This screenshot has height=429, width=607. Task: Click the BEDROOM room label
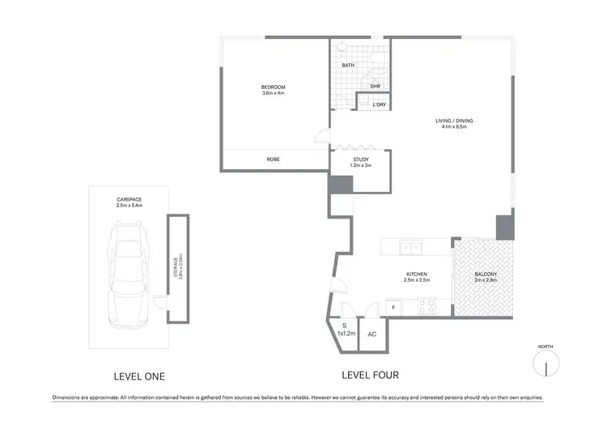coord(273,87)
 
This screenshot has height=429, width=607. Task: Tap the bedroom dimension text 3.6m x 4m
coord(273,94)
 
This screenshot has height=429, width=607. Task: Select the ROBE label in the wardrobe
coord(273,159)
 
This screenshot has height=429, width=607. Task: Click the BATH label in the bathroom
coord(348,65)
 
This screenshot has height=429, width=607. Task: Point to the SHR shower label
coord(375,87)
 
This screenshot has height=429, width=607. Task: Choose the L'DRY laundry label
coord(379,104)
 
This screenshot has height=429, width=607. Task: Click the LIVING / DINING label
coord(457,121)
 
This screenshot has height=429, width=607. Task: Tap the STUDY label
coord(360,159)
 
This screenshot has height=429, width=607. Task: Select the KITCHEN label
coord(418,274)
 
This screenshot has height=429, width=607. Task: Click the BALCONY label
coord(486,274)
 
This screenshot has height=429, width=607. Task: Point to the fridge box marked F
coord(393,308)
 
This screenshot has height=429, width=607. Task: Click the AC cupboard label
coord(371,333)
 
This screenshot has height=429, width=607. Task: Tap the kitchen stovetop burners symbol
coord(426,306)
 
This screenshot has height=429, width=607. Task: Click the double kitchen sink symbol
coord(412,248)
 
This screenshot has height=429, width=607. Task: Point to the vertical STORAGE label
coord(179,267)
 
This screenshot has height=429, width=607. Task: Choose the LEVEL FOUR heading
coord(370,376)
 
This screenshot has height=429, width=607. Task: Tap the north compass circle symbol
coord(546,367)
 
